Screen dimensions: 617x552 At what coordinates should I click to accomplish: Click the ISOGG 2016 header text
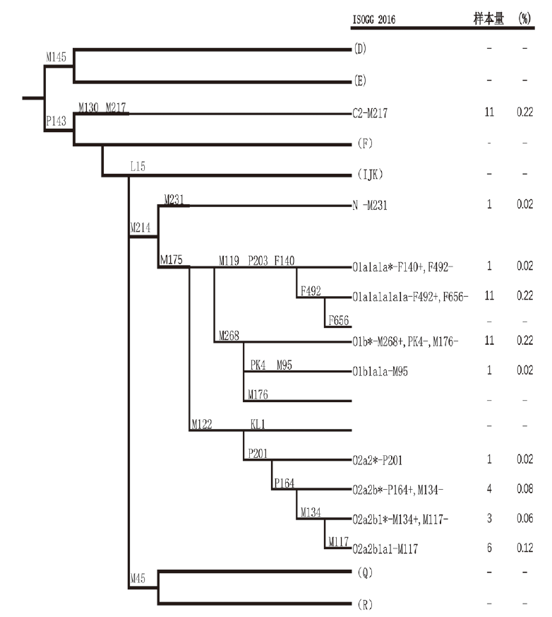[373, 19]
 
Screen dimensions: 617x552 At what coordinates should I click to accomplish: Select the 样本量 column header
[488, 18]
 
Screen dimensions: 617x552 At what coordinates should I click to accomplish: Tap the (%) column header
[524, 18]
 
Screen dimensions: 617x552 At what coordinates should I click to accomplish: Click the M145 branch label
[56, 57]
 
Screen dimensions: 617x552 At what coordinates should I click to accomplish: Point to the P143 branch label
[56, 121]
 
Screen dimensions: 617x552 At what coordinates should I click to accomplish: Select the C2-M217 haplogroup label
[371, 112]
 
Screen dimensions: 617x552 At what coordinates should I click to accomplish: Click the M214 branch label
[140, 228]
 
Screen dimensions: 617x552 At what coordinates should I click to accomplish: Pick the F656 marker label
[337, 321]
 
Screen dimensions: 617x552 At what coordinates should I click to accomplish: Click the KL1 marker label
[258, 425]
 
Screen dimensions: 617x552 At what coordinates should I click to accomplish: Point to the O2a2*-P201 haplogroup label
[378, 459]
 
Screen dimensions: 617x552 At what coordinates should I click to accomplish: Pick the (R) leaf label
[361, 604]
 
